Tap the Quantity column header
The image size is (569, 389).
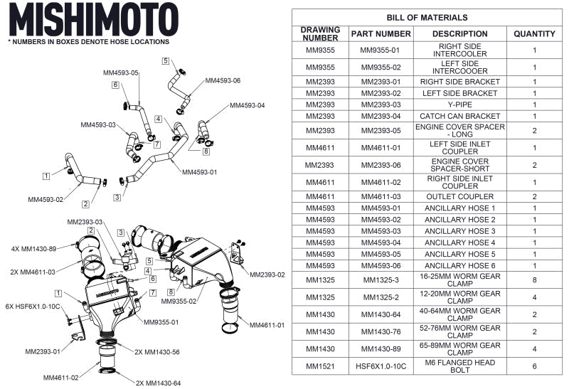coord(534,33)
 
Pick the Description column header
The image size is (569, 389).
coord(459,33)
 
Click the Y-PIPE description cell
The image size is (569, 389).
coord(459,105)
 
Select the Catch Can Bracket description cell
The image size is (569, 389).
coord(459,116)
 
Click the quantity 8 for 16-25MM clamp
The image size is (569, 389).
coord(534,280)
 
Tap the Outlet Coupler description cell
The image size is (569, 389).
coord(459,196)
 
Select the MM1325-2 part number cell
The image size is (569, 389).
coord(381,296)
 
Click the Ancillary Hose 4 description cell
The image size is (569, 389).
coord(459,243)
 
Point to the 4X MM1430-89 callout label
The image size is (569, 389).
coord(35,248)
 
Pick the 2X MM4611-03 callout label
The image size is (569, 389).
coord(35,272)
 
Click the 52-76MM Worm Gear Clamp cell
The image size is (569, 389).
coord(459,331)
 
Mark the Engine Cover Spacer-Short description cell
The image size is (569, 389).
coord(459,164)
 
